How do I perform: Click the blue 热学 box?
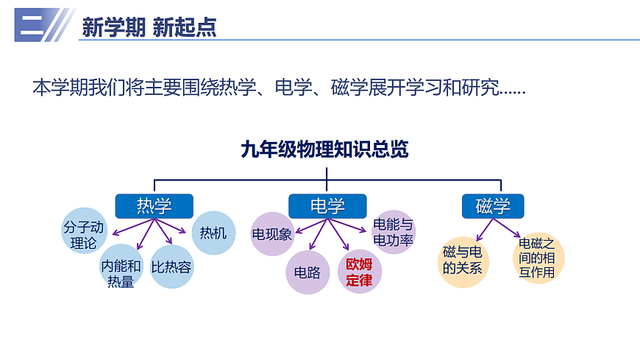[x=154, y=206]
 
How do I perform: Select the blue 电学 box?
[x=327, y=206]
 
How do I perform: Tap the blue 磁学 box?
[x=492, y=206]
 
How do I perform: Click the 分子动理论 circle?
[x=83, y=235]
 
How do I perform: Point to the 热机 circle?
[x=213, y=233]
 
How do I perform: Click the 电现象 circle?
[x=273, y=234]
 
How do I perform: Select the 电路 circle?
[x=307, y=272]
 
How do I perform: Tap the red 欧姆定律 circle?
[x=360, y=272]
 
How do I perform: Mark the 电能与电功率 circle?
[x=394, y=232]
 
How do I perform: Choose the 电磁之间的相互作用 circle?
[x=536, y=257]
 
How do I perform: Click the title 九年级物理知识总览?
[x=324, y=149]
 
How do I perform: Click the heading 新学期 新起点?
[x=149, y=28]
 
